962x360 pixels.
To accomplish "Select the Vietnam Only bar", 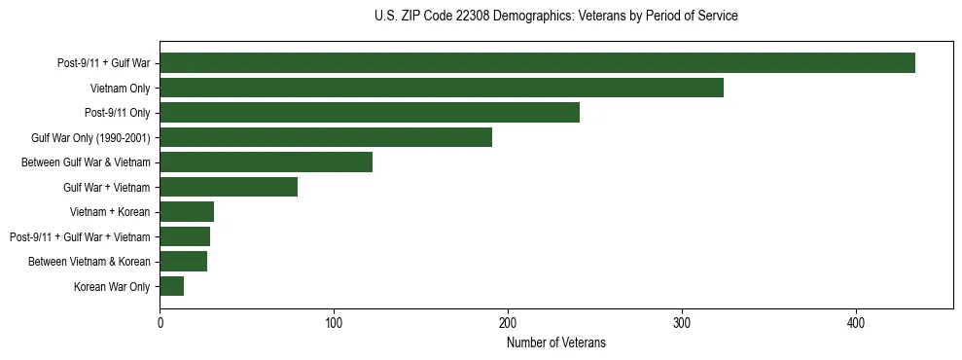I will (442, 88).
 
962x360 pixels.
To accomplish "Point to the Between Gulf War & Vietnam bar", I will (266, 162).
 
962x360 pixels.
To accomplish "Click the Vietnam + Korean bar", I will (187, 212).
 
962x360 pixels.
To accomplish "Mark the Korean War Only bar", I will (172, 286).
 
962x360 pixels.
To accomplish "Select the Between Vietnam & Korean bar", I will (184, 262).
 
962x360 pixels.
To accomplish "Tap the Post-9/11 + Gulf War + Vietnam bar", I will (185, 236).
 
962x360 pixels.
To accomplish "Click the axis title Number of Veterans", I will (555, 342).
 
